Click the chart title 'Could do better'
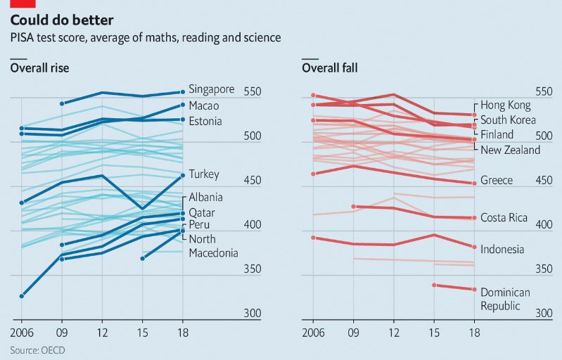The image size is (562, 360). pyautogui.click(x=61, y=20)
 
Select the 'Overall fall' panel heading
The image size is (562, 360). pyautogui.click(x=330, y=68)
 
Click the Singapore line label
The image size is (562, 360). pyautogui.click(x=212, y=89)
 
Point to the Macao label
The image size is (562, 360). pyautogui.click(x=204, y=105)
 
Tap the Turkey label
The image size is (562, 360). pyautogui.click(x=204, y=174)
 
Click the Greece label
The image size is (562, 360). pyautogui.click(x=497, y=180)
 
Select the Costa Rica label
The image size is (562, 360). pyautogui.click(x=504, y=217)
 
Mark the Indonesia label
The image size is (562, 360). pyautogui.click(x=502, y=249)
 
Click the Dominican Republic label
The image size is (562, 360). pyautogui.click(x=505, y=299)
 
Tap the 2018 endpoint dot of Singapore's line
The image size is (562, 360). pyautogui.click(x=182, y=91)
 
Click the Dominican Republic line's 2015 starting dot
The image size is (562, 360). pyautogui.click(x=433, y=285)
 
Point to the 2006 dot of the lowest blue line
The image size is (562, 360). pyautogui.click(x=21, y=296)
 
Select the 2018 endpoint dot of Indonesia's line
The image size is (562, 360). pyautogui.click(x=474, y=247)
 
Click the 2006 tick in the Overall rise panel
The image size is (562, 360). pyautogui.click(x=23, y=331)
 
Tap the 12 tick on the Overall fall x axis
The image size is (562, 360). pyautogui.click(x=394, y=331)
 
